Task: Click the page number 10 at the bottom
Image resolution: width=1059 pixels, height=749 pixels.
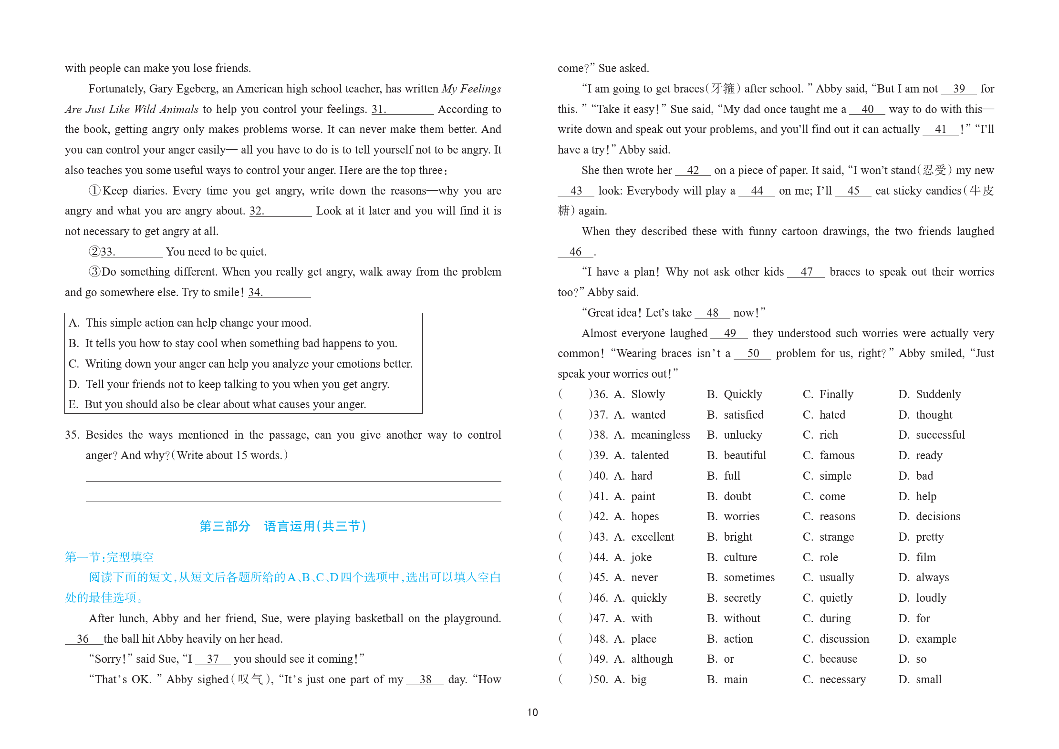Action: [x=532, y=712]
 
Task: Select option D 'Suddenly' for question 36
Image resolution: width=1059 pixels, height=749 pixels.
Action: [x=938, y=394]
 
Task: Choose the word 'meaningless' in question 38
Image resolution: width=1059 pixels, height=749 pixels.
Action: [x=660, y=435]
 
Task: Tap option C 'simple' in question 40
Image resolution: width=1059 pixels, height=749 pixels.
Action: [x=835, y=476]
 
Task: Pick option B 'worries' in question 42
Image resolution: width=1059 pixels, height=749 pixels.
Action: [x=741, y=516]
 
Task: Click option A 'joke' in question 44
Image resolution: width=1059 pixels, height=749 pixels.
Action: [x=641, y=557]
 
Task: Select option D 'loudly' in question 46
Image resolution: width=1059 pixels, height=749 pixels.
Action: [x=931, y=598]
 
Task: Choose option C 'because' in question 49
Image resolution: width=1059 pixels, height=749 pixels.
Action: [x=838, y=659]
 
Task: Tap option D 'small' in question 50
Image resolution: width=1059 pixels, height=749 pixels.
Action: [x=928, y=679]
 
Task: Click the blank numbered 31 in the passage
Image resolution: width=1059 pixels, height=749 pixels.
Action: [x=403, y=110]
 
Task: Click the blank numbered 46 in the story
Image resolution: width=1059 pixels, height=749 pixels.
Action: [x=575, y=252]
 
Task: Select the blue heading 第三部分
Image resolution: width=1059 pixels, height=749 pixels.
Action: [x=225, y=526]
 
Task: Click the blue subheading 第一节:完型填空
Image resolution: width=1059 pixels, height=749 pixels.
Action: [x=109, y=557]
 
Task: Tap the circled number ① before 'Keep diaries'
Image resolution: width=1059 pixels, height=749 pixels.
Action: [x=94, y=191]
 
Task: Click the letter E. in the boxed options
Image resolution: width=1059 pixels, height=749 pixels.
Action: [x=73, y=404]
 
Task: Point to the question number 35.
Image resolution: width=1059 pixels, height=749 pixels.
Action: [x=72, y=435]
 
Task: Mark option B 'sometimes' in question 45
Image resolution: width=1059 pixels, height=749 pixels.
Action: [x=749, y=577]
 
